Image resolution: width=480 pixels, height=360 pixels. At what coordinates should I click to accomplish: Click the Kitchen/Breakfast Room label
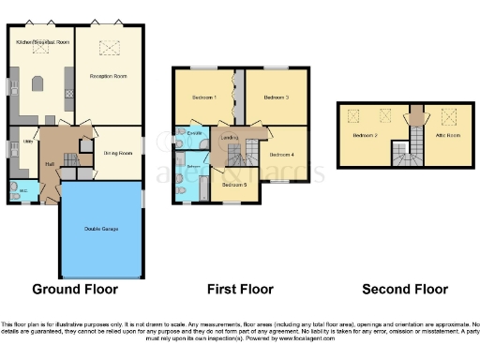(x=39, y=42)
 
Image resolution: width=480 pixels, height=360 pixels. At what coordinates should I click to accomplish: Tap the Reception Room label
(x=108, y=75)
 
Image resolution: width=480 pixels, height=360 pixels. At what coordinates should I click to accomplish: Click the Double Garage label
(x=100, y=228)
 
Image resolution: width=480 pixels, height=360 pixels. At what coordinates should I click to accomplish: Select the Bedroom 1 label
(x=204, y=97)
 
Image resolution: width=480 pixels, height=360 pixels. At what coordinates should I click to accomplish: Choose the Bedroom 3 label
(x=275, y=97)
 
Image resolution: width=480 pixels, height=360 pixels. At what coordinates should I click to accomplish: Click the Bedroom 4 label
(x=280, y=154)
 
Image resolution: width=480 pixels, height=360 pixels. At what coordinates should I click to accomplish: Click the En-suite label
(x=195, y=134)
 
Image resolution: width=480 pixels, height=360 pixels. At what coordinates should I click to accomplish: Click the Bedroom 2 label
(x=365, y=136)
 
